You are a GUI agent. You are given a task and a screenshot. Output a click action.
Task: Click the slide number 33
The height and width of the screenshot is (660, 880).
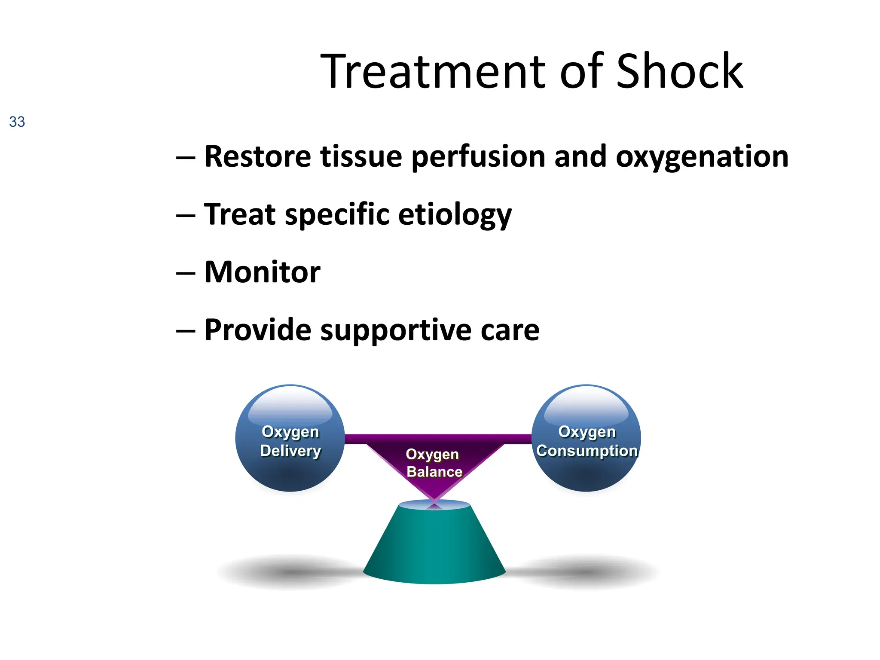click(x=17, y=122)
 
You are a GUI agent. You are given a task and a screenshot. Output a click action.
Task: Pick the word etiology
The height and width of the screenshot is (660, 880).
click(x=455, y=214)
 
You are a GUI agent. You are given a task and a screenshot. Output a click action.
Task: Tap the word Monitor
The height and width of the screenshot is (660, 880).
click(x=262, y=272)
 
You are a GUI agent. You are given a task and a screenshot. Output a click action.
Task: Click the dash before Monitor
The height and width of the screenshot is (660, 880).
click(x=186, y=273)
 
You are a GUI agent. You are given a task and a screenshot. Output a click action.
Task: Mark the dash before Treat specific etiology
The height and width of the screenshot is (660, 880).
click(x=186, y=215)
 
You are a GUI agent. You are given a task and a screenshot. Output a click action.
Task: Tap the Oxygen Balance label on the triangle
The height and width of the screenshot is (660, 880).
click(x=434, y=463)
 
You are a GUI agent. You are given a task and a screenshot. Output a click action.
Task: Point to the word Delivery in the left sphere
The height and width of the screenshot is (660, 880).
click(x=290, y=451)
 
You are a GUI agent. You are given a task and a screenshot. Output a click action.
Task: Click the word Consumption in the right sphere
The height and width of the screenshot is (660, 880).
click(x=587, y=451)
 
